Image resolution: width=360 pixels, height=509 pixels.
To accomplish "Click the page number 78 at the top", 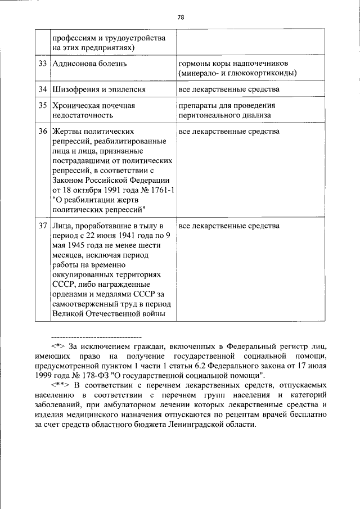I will [x=180, y=17].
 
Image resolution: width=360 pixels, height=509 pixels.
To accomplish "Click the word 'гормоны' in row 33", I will [x=193, y=64].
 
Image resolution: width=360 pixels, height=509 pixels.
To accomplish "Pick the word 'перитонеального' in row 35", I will [x=209, y=115].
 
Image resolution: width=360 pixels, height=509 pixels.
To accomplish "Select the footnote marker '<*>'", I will [x=58, y=346].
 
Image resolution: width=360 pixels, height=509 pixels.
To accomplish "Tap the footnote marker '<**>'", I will [x=61, y=385].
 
